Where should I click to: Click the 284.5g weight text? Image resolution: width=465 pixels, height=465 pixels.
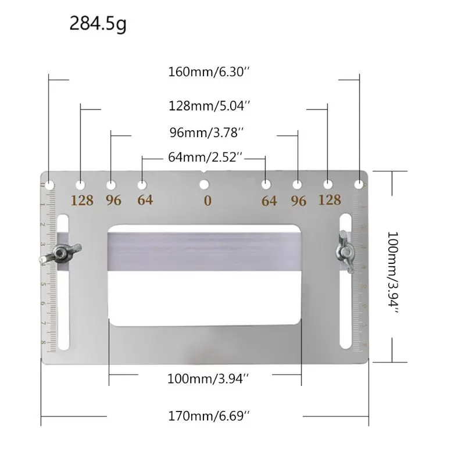98,24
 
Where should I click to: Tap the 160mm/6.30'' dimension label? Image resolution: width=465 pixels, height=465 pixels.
209,73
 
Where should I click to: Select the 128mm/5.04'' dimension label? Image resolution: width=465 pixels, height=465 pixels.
209,106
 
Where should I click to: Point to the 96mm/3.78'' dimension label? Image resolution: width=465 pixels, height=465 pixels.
206,133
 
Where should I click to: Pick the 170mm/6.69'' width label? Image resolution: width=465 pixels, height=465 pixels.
209,416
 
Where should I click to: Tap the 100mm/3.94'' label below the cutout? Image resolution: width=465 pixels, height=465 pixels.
208,378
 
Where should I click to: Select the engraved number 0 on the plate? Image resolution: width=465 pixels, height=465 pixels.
208,201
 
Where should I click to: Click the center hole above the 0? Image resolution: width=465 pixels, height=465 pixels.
203,185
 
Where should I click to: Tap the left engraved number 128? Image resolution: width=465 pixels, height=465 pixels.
82,201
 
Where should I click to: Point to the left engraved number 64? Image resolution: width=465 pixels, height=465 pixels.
145,201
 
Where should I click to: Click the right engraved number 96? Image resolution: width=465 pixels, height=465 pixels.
298,201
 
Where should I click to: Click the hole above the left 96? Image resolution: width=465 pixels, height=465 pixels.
111,184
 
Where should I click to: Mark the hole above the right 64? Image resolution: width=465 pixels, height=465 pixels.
266,184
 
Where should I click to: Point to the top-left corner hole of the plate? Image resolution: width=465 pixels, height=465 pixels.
51,184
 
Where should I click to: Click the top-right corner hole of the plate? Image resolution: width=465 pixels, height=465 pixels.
360,184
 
